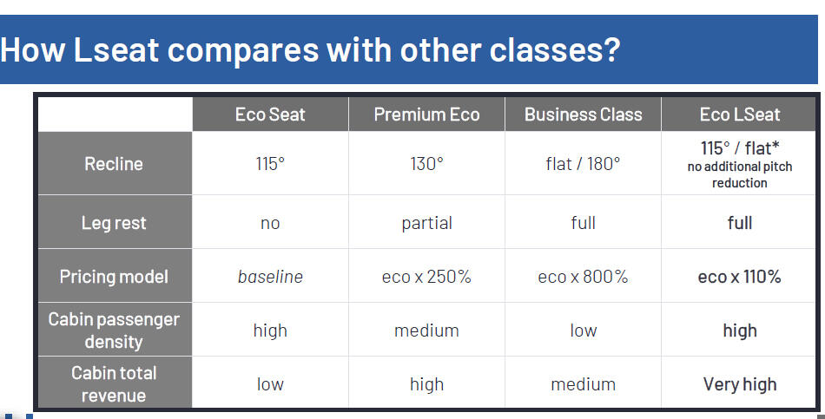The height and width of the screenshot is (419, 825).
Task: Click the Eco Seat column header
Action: point(270,115)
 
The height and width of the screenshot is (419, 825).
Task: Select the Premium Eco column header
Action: point(426,115)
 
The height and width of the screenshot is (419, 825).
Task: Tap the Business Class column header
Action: point(583,115)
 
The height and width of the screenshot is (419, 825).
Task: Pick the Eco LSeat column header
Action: point(739,115)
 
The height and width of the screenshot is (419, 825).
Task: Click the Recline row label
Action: point(114,164)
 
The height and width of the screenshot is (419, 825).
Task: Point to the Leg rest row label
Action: point(114,223)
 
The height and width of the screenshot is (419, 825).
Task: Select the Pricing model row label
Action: point(114,277)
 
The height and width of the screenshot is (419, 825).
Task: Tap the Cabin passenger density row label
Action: point(114,331)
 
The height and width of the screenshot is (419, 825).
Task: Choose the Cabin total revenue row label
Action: point(114,384)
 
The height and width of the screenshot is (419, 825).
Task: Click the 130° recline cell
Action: point(426,164)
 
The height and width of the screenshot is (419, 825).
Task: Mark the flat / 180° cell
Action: point(583,164)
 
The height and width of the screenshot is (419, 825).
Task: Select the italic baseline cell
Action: point(270,277)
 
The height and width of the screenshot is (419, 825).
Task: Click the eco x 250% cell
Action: point(426,277)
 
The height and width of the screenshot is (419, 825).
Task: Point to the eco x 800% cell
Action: point(583,277)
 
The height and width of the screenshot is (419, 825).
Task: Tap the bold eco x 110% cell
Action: point(739,277)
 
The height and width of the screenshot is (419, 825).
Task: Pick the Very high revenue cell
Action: point(739,384)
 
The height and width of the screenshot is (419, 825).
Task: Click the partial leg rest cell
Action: point(426,223)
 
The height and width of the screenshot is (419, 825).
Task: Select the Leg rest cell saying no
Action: point(270,224)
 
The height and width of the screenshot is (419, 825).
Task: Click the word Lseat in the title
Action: point(115,50)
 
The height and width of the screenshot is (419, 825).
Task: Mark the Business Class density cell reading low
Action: point(583,331)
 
